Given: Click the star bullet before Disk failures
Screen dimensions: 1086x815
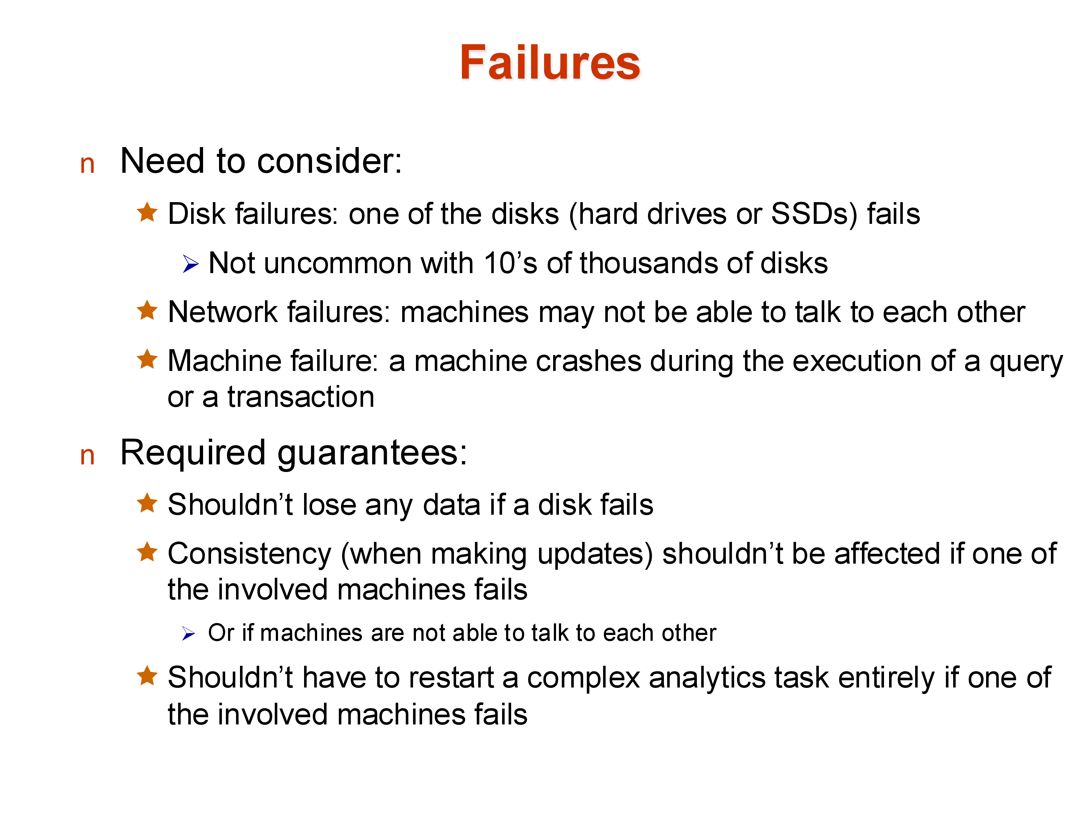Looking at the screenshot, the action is click(147, 212).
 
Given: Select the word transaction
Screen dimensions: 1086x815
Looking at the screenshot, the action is click(300, 397).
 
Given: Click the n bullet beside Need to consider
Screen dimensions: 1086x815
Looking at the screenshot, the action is click(87, 164).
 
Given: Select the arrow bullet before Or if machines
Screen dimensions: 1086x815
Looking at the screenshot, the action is click(189, 634).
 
